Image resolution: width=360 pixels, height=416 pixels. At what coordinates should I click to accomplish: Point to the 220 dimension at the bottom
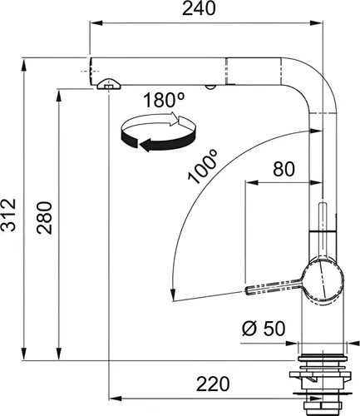point(213,384)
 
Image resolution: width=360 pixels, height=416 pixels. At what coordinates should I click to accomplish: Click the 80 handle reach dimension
point(284,169)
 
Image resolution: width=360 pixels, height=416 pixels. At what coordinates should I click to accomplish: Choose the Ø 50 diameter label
point(264,329)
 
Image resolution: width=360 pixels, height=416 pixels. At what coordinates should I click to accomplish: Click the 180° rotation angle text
point(163,102)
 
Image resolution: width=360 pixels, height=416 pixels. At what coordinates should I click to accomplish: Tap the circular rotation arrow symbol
point(157,132)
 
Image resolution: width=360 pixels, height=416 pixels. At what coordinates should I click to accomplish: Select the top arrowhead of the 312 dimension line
point(26,62)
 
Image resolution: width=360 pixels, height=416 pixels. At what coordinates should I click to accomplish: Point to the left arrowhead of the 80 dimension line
point(247,181)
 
